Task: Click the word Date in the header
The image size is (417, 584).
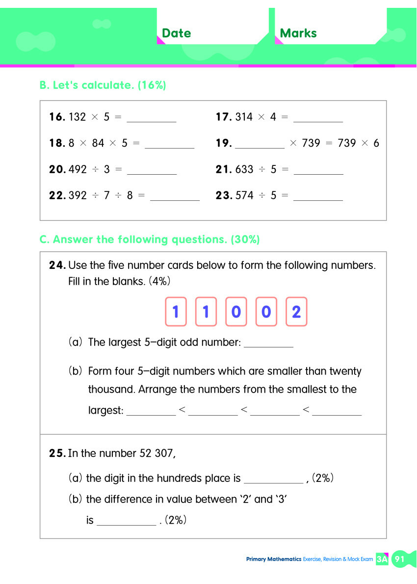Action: click(x=176, y=33)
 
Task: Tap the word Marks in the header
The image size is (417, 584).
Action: click(x=298, y=33)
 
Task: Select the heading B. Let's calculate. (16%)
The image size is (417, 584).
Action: click(x=103, y=85)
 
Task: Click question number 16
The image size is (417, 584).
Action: click(x=57, y=117)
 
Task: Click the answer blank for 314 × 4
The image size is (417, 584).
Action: click(x=318, y=118)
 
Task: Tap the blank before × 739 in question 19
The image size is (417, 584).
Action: click(x=260, y=144)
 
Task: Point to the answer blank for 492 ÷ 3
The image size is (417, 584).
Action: click(x=152, y=170)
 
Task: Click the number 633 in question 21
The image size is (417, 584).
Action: click(x=244, y=169)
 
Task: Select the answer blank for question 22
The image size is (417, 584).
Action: click(x=175, y=197)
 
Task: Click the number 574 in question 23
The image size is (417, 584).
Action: click(x=244, y=195)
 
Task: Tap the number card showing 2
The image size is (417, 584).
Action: click(x=296, y=312)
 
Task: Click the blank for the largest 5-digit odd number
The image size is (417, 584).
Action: click(x=268, y=344)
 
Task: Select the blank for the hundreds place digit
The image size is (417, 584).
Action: click(x=273, y=479)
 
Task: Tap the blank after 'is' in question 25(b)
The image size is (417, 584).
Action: click(x=126, y=521)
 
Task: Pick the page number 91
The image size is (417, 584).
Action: click(x=399, y=559)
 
